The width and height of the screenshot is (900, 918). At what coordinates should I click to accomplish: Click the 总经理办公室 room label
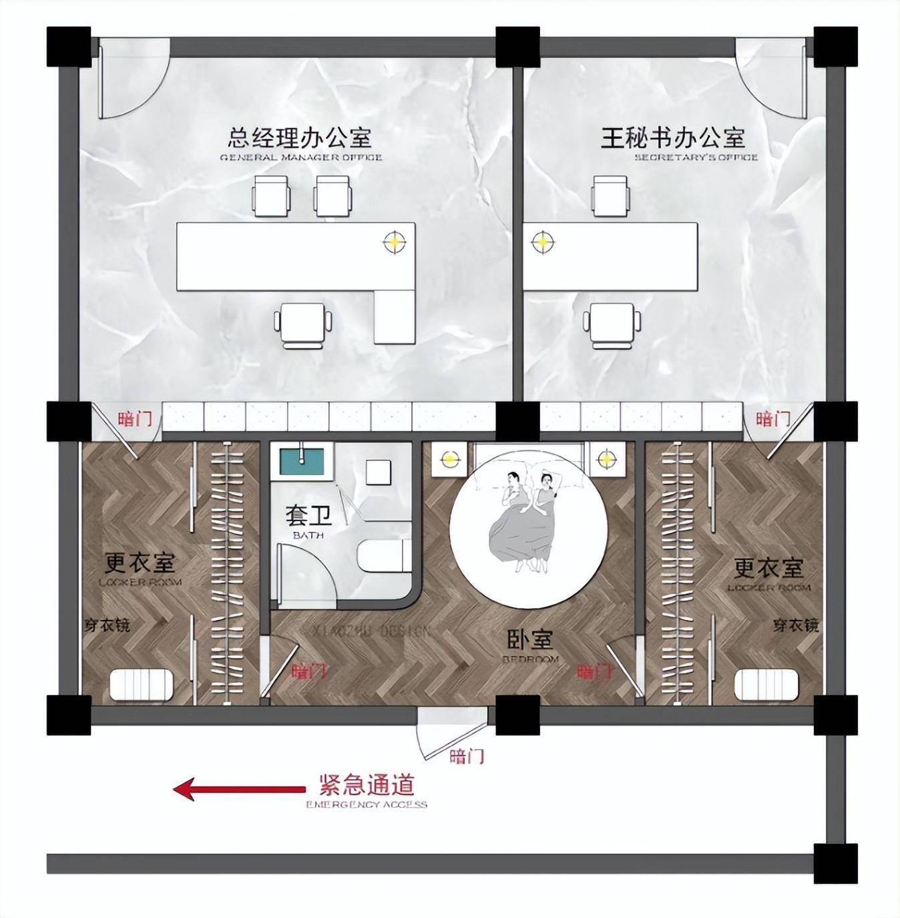[x=300, y=138]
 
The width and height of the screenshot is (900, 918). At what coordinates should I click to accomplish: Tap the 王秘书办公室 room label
[x=673, y=138]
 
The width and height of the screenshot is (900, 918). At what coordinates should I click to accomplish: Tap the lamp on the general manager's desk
[x=395, y=242]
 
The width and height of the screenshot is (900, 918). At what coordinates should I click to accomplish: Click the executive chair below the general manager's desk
[x=304, y=325]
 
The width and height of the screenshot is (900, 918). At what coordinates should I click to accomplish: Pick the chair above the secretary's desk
[x=610, y=195]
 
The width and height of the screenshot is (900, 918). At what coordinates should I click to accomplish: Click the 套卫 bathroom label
[x=308, y=516]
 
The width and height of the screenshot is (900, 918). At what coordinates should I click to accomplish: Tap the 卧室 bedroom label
[x=530, y=640]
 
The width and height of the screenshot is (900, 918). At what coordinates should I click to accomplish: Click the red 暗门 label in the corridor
[x=467, y=756]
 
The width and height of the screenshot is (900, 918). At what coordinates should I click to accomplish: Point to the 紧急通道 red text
[x=367, y=783]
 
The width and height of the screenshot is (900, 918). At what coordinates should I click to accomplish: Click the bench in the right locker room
[x=766, y=685]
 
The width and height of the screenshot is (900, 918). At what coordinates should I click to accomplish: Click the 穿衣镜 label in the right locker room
[x=795, y=625]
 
